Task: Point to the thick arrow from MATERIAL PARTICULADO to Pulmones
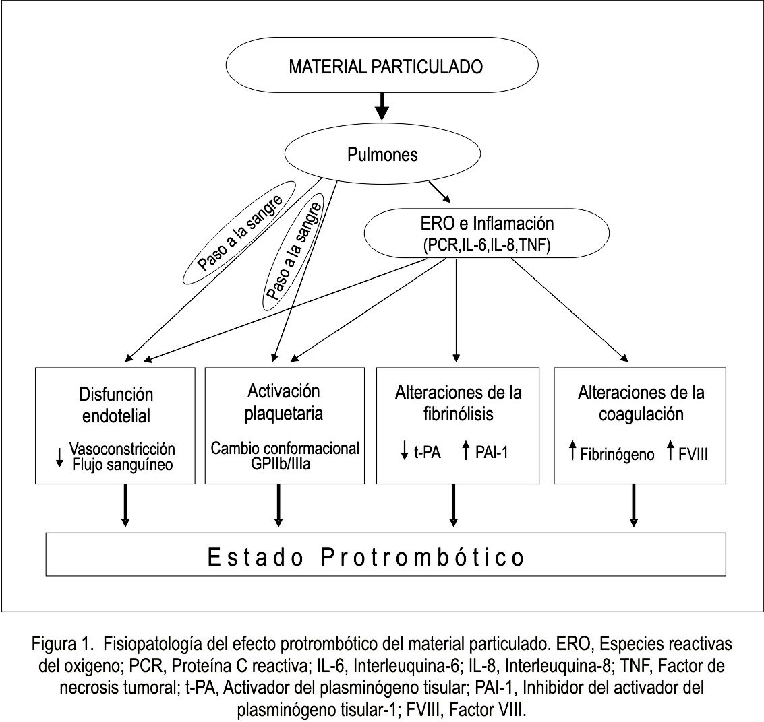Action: [382, 106]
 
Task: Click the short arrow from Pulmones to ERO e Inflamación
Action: [440, 192]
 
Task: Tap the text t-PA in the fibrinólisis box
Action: [428, 453]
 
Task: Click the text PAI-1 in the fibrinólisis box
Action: [492, 453]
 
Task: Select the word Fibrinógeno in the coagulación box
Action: [617, 455]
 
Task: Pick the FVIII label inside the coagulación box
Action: [693, 455]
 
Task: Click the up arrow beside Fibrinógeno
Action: [573, 450]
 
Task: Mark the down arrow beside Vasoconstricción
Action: [59, 457]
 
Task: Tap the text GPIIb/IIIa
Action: [281, 463]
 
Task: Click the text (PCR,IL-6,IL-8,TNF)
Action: [487, 244]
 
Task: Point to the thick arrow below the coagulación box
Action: [633, 506]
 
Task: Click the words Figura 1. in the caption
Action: [62, 644]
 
